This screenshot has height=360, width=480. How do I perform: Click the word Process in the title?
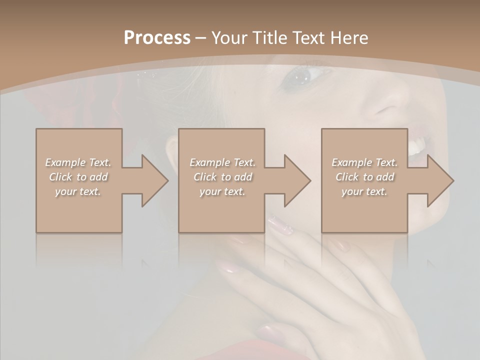point(157,37)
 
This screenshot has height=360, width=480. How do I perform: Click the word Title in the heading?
point(269,37)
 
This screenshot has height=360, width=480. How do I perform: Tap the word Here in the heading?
point(350,37)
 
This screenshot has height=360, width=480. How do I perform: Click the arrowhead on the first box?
point(153,180)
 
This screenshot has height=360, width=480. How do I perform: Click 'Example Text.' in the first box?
point(78,162)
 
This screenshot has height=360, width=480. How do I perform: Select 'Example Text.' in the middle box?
point(222,162)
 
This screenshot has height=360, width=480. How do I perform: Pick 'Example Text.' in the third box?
point(364,162)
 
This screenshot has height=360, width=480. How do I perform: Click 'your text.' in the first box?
point(78,191)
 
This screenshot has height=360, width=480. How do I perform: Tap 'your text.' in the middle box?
point(222,191)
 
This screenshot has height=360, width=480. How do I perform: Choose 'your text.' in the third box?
point(364,191)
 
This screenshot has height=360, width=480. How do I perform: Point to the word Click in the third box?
point(347,177)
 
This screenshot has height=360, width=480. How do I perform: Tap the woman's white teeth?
point(417,146)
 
